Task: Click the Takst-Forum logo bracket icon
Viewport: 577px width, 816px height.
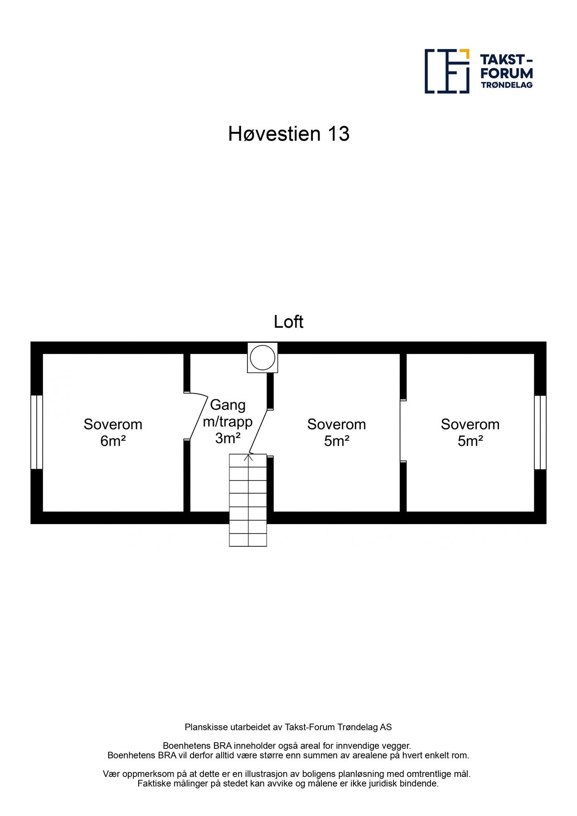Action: tap(446, 71)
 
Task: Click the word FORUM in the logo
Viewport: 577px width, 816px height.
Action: tap(506, 73)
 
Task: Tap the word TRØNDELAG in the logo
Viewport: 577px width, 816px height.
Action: tap(506, 85)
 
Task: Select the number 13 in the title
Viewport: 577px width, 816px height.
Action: tap(338, 134)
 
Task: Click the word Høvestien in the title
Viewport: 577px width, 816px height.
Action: tap(274, 134)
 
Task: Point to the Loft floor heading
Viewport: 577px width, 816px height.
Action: tap(288, 322)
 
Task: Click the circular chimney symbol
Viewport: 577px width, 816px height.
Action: tap(262, 358)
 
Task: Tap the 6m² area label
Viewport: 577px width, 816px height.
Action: tap(113, 441)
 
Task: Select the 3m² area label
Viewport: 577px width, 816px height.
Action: tap(228, 438)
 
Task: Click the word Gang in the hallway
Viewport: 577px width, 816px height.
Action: tap(228, 405)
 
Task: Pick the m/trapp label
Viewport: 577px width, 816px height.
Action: tap(228, 422)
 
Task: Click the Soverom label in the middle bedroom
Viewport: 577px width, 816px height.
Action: tap(336, 424)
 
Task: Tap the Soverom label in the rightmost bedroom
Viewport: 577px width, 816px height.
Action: tap(470, 424)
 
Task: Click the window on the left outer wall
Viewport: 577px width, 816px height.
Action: tap(37, 432)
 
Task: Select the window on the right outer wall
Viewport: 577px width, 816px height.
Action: tap(540, 432)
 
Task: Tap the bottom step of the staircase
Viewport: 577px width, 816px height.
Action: tap(248, 540)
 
